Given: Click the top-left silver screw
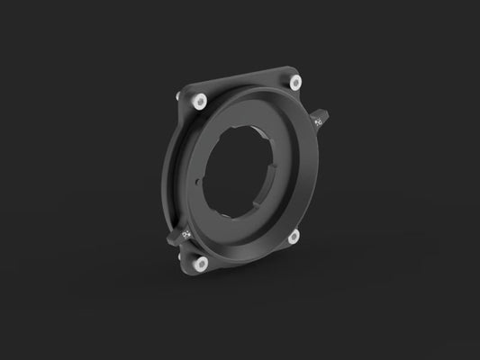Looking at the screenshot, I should coord(199,99).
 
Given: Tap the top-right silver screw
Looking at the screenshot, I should coord(294,81).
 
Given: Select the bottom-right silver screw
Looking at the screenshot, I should coord(294,237).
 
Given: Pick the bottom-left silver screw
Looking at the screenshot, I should coord(202,263).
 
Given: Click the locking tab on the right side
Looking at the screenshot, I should coord(322,120).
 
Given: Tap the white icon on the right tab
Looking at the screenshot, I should coord(320,120).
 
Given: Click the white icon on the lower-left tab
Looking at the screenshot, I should coord(186,234).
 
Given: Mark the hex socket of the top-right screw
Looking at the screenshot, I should coord(294,81).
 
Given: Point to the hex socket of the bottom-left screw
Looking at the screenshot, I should coord(202,263).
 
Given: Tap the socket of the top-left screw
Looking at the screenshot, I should coord(199,99).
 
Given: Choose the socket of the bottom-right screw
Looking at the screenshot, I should coord(294,237).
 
